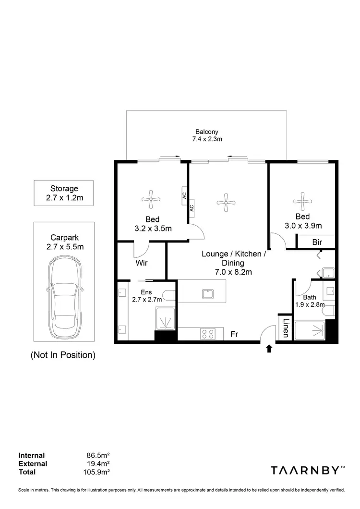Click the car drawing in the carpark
point(65,297)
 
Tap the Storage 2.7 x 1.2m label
point(64,193)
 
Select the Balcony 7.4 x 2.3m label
point(207,135)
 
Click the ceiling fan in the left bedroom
point(151,196)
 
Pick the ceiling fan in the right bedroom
point(302,201)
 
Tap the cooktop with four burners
point(208,333)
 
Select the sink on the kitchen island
point(208,293)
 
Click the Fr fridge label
point(234,334)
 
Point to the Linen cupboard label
point(285,327)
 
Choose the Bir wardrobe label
point(317,242)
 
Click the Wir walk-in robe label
point(141,263)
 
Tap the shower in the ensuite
point(166,317)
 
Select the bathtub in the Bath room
point(310,330)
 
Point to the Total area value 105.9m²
point(96,472)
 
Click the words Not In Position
point(63,355)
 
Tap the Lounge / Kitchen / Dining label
point(232,263)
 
